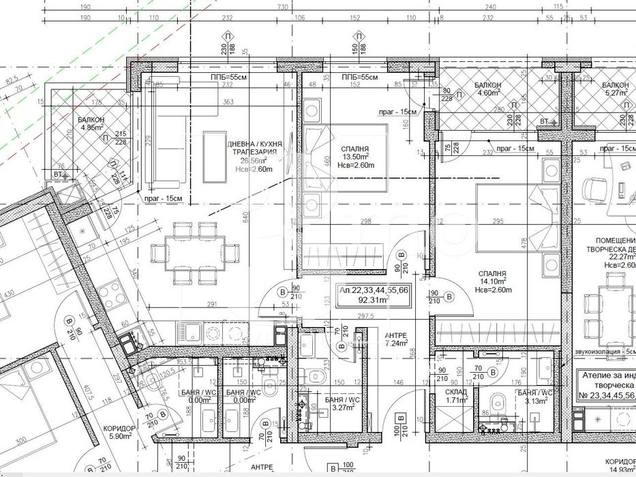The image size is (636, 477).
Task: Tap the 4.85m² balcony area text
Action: [x=91, y=127]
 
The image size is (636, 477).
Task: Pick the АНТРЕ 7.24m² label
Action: [x=396, y=339]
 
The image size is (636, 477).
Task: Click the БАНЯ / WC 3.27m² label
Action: [x=343, y=403]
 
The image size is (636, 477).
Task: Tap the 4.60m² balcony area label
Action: [x=488, y=93]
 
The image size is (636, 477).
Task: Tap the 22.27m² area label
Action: [x=620, y=257]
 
